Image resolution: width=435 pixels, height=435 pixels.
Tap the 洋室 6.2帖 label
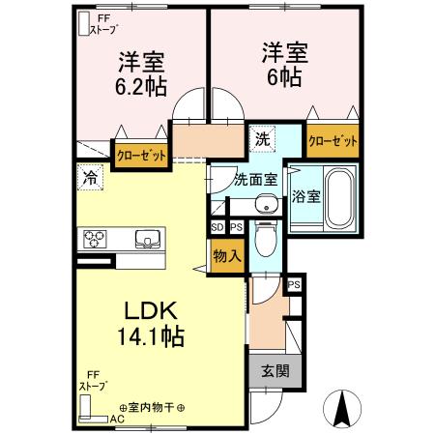point(141,73)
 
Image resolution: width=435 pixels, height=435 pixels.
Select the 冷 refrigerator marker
point(89,177)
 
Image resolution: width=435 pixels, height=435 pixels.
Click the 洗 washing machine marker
point(262,138)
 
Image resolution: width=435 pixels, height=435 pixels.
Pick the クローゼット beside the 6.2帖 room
point(141,155)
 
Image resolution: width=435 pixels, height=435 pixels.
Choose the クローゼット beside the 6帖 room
point(333,140)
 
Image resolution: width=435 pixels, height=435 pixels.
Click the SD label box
point(217,228)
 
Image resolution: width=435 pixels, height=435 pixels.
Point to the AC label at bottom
point(116,420)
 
